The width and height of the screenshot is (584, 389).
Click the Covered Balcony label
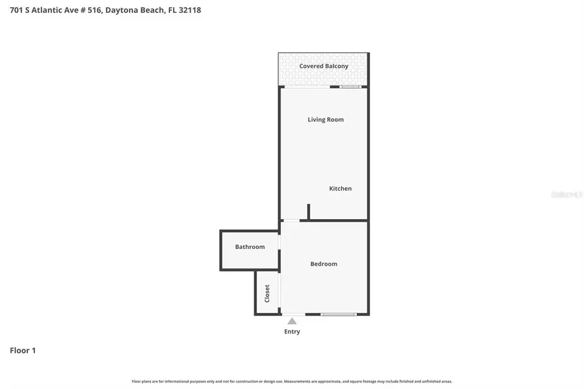pyautogui.click(x=324, y=66)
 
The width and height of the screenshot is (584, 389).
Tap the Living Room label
pyautogui.click(x=326, y=119)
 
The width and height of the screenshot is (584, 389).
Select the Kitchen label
pyautogui.click(x=340, y=189)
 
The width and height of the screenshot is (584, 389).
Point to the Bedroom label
pyautogui.click(x=324, y=264)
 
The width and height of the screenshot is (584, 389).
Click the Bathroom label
pyautogui.click(x=250, y=247)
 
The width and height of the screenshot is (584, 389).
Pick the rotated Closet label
pyautogui.click(x=267, y=293)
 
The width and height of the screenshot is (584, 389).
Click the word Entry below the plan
pyautogui.click(x=292, y=332)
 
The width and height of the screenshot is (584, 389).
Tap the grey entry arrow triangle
pyautogui.click(x=292, y=321)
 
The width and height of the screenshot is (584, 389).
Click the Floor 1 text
pyautogui.click(x=23, y=351)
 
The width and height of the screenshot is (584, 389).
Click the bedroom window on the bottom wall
pyautogui.click(x=339, y=314)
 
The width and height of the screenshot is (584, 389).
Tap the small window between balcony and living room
pyautogui.click(x=351, y=87)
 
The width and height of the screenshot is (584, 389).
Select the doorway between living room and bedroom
pyautogui.click(x=291, y=221)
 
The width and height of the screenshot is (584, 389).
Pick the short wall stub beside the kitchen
pyautogui.click(x=309, y=212)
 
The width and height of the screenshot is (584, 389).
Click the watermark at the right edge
pyautogui.click(x=566, y=193)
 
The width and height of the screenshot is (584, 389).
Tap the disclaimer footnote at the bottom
pyautogui.click(x=292, y=381)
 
